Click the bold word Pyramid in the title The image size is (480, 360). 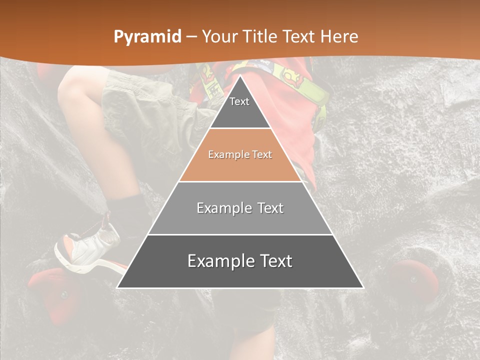pos(147,37)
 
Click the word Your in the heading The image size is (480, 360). pos(219,37)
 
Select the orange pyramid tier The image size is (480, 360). pos(240,155)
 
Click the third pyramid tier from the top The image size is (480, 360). pos(240,208)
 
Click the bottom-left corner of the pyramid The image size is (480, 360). pos(117,287)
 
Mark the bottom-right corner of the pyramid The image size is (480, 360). pos(363,287)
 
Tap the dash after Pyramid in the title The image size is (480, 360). pos(191,37)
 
